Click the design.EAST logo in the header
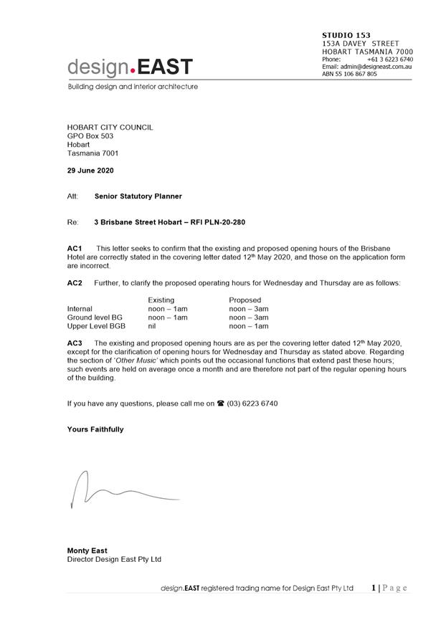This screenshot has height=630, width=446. pyautogui.click(x=130, y=67)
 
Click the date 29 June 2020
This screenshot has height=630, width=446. pyautogui.click(x=90, y=171)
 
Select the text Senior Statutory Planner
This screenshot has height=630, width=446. pyautogui.click(x=138, y=196)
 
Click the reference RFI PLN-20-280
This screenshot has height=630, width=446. pyautogui.click(x=219, y=222)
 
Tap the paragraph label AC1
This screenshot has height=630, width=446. pyautogui.click(x=75, y=247)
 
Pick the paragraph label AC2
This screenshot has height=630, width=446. pyautogui.click(x=75, y=283)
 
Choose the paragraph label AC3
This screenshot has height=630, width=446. pyautogui.click(x=75, y=343)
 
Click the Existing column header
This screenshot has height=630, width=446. pyautogui.click(x=161, y=300)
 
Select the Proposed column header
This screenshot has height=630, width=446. pyautogui.click(x=245, y=300)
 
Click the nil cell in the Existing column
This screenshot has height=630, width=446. pyautogui.click(x=152, y=325)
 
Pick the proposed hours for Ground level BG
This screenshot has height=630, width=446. pyautogui.click(x=248, y=317)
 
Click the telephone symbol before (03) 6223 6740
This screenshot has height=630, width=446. pyautogui.click(x=220, y=404)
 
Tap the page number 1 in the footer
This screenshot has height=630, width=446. pyautogui.click(x=374, y=588)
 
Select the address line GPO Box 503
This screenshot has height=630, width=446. pyautogui.click(x=90, y=135)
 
